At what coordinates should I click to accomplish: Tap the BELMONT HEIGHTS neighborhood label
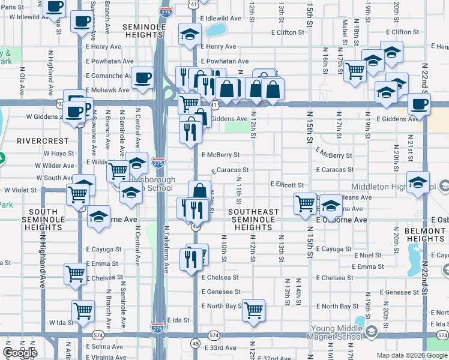[x=424, y=235]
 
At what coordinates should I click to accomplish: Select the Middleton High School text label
[x=388, y=187]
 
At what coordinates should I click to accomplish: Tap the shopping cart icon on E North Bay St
[x=254, y=310]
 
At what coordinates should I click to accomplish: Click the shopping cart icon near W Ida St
[x=83, y=311]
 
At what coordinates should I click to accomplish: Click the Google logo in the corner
[x=20, y=353]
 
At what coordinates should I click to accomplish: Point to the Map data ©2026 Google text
[x=411, y=355]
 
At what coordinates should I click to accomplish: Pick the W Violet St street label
[x=21, y=190]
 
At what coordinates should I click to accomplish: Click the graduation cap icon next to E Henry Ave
[x=190, y=33]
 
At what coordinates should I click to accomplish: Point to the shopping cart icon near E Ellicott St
[x=306, y=203]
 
